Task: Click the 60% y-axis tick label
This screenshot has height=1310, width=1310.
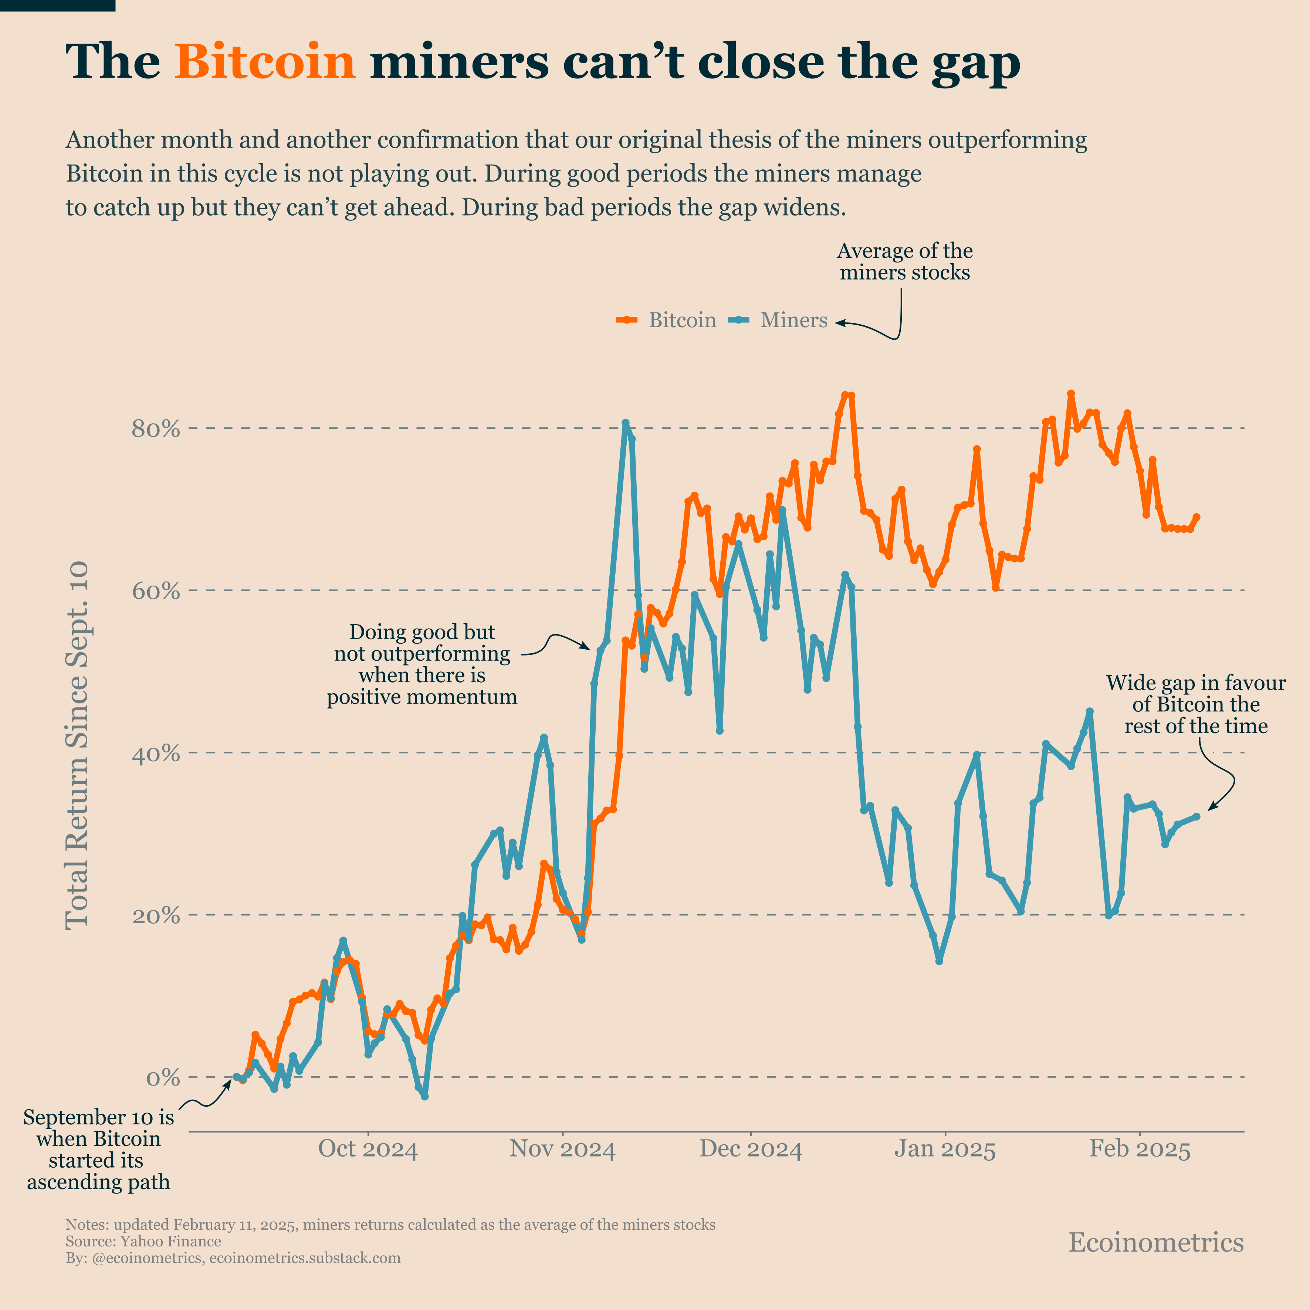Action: pos(155,591)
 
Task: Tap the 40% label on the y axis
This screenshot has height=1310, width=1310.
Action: pos(155,753)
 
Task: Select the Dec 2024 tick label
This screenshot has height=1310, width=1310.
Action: pos(751,1149)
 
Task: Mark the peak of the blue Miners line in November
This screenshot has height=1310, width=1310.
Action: pos(625,423)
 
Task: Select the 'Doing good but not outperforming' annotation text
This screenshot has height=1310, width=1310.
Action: pos(422,664)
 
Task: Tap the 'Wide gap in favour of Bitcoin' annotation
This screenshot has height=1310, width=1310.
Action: pos(1195,704)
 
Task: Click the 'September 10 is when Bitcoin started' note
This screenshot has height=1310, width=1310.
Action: pos(98,1149)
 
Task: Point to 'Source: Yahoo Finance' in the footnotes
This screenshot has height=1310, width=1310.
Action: pos(143,1242)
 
